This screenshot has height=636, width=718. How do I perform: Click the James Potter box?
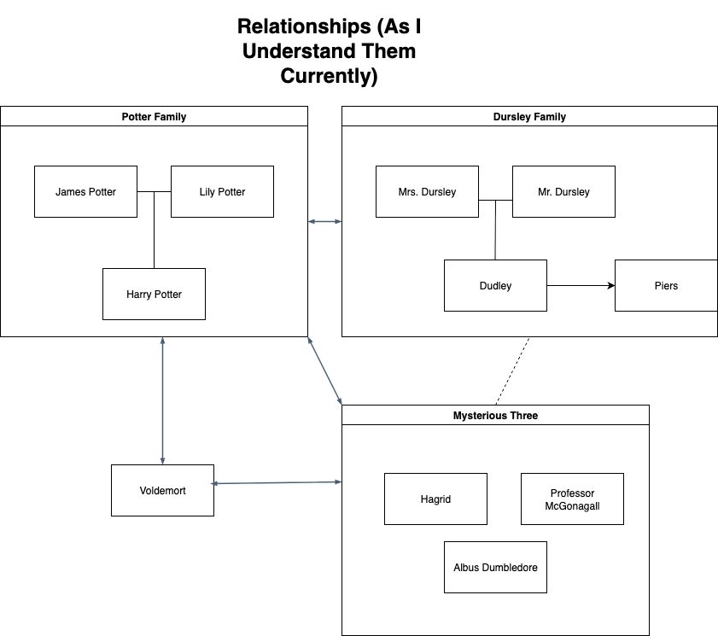coord(85,191)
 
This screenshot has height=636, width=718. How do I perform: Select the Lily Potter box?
coord(222,191)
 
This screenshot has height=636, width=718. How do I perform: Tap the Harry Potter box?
coord(154,294)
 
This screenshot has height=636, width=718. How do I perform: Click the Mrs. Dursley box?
coord(427,191)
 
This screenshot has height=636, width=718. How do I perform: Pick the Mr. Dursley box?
coord(563,191)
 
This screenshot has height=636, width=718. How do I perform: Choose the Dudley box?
coord(495,286)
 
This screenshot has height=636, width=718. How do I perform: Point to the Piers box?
coord(666,286)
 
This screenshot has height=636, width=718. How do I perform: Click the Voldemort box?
coord(162,490)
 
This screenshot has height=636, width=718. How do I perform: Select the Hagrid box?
coord(435,499)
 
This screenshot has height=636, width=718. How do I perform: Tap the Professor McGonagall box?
coord(572,499)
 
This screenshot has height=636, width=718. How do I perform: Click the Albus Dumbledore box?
coord(495,568)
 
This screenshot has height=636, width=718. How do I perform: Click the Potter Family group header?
coord(154,116)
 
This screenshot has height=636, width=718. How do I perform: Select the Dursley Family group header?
coord(529,116)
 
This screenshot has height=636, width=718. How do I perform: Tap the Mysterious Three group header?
coord(495,415)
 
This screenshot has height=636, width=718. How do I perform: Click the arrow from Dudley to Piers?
coord(581,286)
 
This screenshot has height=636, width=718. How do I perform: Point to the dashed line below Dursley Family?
coord(512,371)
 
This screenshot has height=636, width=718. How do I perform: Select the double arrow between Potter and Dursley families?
coord(324,222)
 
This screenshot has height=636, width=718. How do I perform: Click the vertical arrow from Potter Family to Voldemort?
coord(162,401)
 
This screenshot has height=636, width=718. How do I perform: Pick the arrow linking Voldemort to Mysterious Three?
coord(277,482)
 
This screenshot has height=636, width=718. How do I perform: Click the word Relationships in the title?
coord(304,26)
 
